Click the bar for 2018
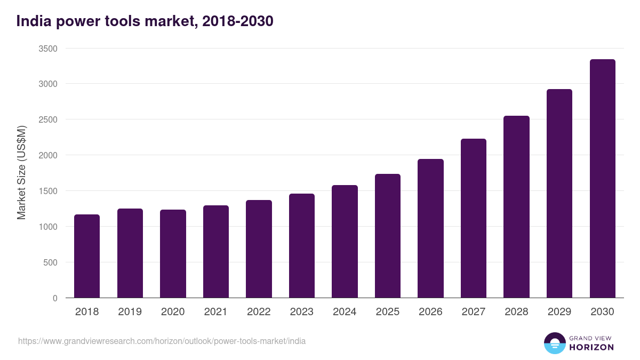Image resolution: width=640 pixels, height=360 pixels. point(87,256)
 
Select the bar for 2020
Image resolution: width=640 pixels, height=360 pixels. point(173,254)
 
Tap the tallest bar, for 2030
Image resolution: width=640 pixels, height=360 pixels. point(602,179)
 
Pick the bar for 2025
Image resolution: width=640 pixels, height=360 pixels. point(387,236)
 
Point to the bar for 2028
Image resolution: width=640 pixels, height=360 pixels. point(516,207)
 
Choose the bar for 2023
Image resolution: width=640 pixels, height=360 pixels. point(301,246)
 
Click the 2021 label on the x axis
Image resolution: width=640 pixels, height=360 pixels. point(215,312)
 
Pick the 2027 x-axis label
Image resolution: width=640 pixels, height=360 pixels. point(473,312)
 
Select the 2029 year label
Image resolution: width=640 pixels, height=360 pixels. point(559,312)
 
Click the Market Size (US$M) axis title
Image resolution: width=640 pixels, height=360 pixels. point(21,173)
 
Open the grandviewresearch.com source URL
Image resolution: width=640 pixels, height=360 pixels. point(162,341)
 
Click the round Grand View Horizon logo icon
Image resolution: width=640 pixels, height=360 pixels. point(554,343)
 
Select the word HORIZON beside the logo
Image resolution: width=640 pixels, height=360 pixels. point(591,347)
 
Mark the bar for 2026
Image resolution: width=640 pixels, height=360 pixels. point(430,228)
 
